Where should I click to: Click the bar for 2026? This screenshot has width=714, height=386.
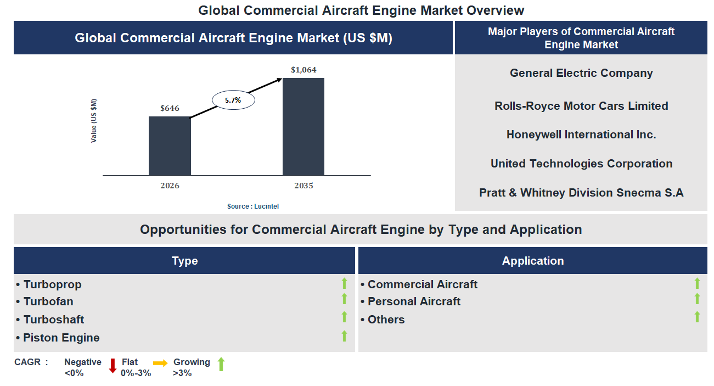pyautogui.click(x=170, y=146)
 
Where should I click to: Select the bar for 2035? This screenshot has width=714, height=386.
pyautogui.click(x=303, y=126)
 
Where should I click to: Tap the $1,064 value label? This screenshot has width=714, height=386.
pyautogui.click(x=303, y=70)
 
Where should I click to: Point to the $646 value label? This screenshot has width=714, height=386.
pyautogui.click(x=170, y=108)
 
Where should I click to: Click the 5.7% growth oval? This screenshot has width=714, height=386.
pyautogui.click(x=234, y=100)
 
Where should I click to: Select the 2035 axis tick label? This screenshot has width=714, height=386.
pyautogui.click(x=303, y=186)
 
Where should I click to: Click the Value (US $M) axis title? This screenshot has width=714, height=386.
pyautogui.click(x=94, y=121)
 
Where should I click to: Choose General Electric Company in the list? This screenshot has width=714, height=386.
pyautogui.click(x=581, y=73)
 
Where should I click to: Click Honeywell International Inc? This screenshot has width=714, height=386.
pyautogui.click(x=581, y=135)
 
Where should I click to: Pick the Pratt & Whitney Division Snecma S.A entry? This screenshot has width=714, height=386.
pyautogui.click(x=581, y=193)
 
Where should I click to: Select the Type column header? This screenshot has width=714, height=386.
pyautogui.click(x=184, y=261)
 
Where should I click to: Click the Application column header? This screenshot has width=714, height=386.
pyautogui.click(x=533, y=261)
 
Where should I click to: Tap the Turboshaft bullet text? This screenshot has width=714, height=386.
pyautogui.click(x=54, y=320)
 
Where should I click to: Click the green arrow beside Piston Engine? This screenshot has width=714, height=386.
pyautogui.click(x=344, y=336)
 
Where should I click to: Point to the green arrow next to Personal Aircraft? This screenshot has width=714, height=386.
pyautogui.click(x=697, y=299)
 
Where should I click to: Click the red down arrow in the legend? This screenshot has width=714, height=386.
pyautogui.click(x=113, y=365)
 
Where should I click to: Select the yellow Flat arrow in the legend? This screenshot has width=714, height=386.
pyautogui.click(x=160, y=363)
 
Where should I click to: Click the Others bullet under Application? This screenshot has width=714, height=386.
pyautogui.click(x=386, y=320)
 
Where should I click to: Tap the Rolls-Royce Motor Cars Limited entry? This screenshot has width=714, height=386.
pyautogui.click(x=581, y=106)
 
